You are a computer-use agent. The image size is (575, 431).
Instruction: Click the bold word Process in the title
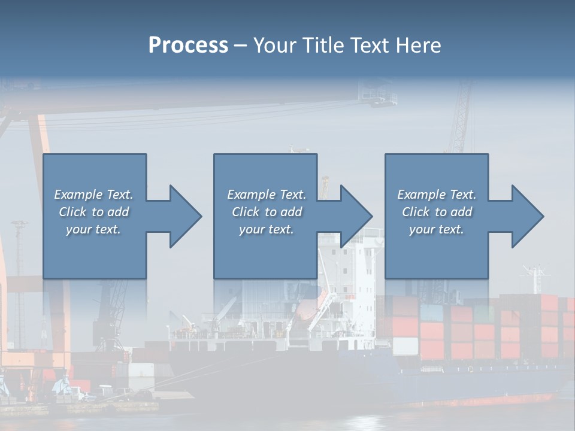pos(188,45)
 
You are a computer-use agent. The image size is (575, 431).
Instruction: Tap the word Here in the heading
pos(419,45)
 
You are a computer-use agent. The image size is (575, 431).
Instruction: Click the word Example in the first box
pos(77,195)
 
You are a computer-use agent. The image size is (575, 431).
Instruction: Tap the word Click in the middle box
pos(245,212)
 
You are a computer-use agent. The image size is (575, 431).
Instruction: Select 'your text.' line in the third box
pos(436,229)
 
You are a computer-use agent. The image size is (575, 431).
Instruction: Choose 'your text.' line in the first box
pos(93,229)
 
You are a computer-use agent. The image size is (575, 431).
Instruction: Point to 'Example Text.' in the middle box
pos(266,195)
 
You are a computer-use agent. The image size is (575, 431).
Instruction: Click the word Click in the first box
pos(72,212)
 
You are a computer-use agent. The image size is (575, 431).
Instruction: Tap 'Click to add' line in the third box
pos(437,212)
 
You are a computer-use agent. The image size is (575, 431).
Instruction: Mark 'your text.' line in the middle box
pos(266,229)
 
